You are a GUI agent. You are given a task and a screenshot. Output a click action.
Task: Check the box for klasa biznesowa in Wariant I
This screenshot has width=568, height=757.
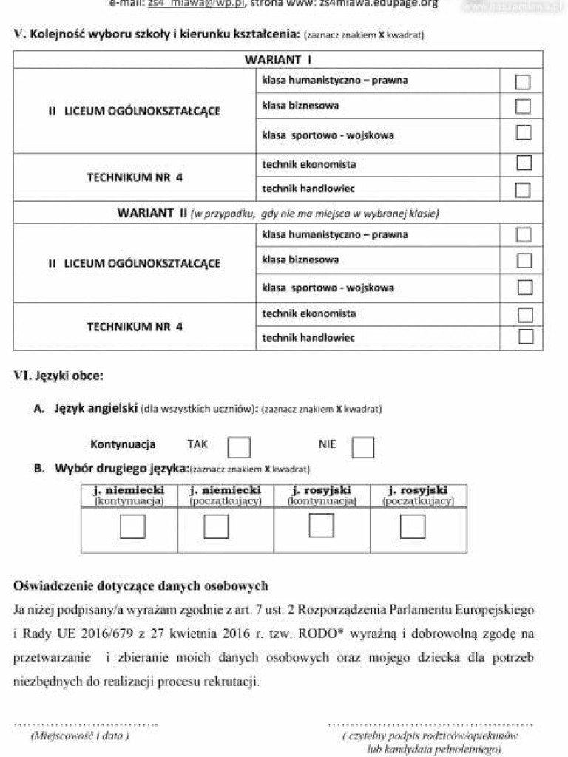click(x=523, y=106)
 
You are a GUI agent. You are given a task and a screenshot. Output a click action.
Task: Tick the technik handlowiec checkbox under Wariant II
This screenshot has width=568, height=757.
click(x=525, y=337)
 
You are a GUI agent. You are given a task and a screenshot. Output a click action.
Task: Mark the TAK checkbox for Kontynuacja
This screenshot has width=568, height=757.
click(x=238, y=447)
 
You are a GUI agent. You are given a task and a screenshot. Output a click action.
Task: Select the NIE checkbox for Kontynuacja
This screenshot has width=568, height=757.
click(x=362, y=447)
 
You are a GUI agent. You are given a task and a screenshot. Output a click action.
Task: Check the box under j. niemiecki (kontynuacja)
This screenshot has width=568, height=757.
click(x=132, y=526)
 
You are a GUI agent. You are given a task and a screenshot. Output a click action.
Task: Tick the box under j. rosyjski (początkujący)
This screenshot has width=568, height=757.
click(x=413, y=526)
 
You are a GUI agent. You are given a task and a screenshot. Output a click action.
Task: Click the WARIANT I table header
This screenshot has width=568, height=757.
click(x=278, y=59)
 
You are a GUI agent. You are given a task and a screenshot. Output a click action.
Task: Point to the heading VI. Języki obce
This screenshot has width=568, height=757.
click(x=58, y=376)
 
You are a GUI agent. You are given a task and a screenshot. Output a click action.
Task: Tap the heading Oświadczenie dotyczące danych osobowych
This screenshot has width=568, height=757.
click(x=141, y=586)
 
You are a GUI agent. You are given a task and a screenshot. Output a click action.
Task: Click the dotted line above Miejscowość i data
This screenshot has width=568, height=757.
click(x=86, y=724)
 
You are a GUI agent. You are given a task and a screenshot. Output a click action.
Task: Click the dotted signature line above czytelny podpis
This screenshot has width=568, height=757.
click(x=430, y=724)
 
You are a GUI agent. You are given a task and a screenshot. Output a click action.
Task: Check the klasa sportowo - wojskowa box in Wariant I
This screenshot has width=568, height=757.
click(x=523, y=133)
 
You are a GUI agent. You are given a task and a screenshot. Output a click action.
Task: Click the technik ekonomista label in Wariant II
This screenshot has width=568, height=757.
click(x=308, y=313)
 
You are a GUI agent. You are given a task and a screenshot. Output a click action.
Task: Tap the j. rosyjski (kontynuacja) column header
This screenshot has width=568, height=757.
click(x=322, y=495)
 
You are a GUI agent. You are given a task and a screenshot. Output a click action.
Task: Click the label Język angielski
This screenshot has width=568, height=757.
click(x=95, y=408)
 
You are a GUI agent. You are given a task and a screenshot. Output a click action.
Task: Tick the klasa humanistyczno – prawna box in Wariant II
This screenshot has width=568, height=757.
click(x=524, y=235)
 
